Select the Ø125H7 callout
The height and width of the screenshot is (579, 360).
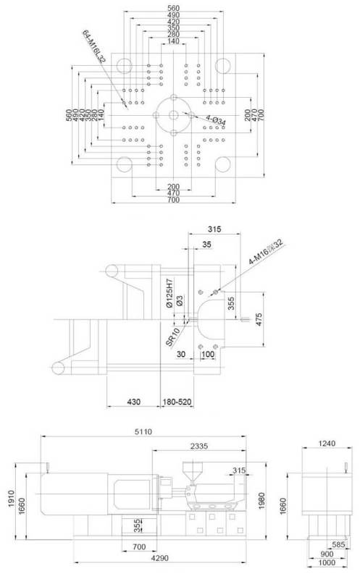(x=169, y=295)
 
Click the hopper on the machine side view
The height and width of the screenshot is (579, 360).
(x=192, y=468)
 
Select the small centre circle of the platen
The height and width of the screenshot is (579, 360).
(x=173, y=116)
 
